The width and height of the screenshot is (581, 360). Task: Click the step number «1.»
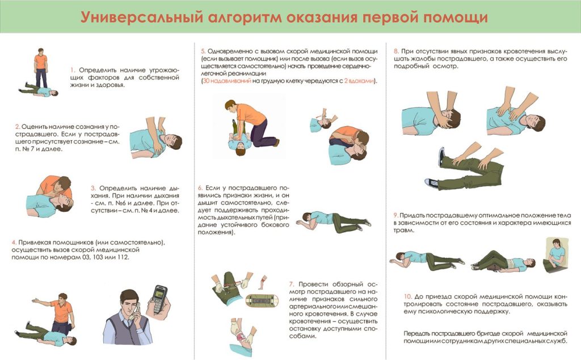(73, 70)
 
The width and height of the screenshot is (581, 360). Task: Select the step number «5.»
(204, 51)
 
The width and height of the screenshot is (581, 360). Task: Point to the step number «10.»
(408, 296)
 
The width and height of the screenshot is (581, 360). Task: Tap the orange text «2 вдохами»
(359, 81)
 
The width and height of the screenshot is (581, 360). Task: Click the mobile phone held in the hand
(159, 300)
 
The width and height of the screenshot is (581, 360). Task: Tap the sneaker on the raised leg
(441, 157)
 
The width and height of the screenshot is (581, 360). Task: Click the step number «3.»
(94, 189)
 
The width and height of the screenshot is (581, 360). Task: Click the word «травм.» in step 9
(404, 230)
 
